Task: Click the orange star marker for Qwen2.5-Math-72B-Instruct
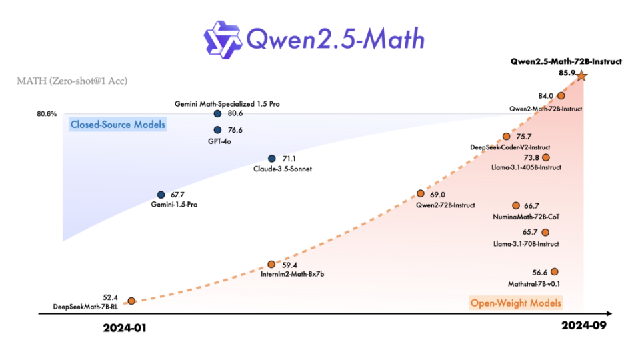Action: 581,76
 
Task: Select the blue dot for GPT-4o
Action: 217,130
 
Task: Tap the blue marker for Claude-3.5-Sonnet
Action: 271,159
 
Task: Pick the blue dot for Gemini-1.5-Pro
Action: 161,195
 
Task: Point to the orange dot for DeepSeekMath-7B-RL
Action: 131,301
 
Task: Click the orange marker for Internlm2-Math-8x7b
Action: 271,265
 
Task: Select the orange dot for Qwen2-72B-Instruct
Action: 421,193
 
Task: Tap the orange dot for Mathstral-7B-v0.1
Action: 554,271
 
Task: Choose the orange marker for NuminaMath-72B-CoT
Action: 515,206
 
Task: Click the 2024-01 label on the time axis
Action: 124,328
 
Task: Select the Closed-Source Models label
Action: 117,125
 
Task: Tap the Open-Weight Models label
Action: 516,303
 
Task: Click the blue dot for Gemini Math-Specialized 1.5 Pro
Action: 217,115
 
